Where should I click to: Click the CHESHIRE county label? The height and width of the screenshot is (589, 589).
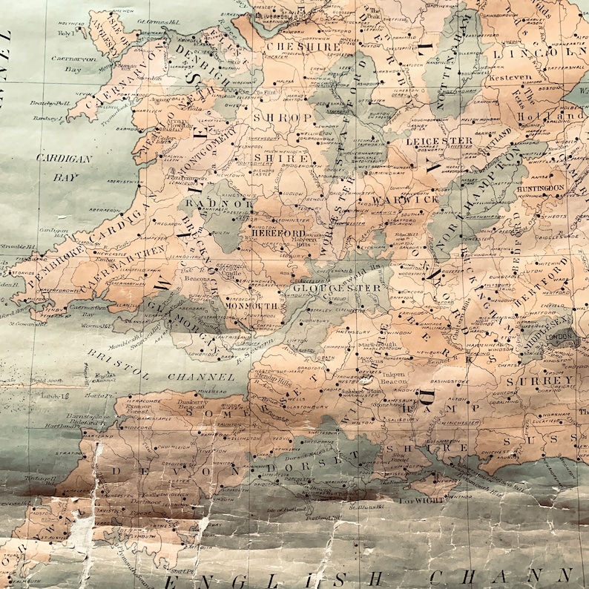coord(303,45)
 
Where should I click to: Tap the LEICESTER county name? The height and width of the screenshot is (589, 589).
coord(439,140)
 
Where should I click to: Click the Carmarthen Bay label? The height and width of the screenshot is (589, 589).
coord(88,309)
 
